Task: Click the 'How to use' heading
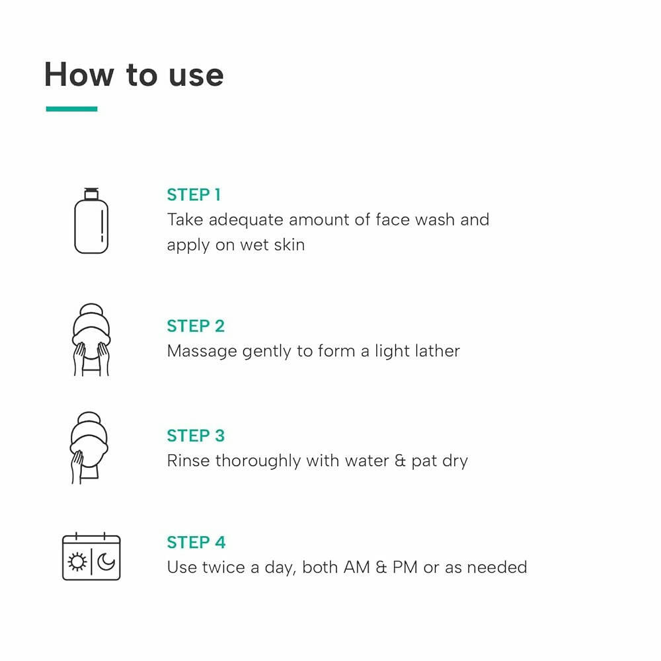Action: tap(134, 75)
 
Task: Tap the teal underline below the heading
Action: tap(71, 109)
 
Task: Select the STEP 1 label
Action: tap(194, 194)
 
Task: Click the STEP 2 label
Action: tap(196, 326)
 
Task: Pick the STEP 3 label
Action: tap(196, 436)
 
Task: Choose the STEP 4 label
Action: tap(196, 542)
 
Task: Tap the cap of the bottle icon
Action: tap(91, 193)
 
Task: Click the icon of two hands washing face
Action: tap(91, 340)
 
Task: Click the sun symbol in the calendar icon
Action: tap(77, 562)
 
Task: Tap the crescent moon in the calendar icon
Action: tap(106, 562)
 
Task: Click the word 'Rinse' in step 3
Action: tap(188, 460)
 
